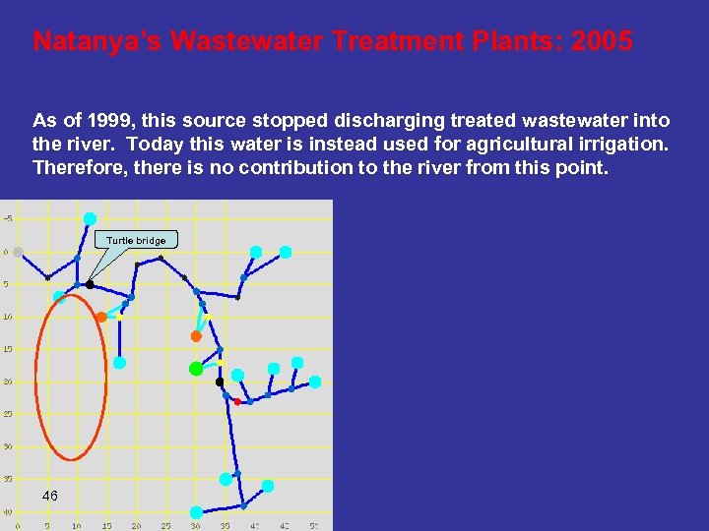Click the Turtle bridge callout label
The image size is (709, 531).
(x=136, y=240)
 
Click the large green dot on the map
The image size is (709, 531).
(x=196, y=369)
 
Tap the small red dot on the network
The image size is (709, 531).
(x=237, y=401)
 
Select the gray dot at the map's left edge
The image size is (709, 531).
(x=16, y=252)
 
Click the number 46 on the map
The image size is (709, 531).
(x=50, y=496)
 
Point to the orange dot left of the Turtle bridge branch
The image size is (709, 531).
(x=101, y=317)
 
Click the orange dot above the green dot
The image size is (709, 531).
(x=196, y=336)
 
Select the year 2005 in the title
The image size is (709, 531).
(x=603, y=42)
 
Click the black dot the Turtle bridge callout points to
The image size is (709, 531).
(x=90, y=284)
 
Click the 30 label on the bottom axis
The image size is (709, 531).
(x=195, y=526)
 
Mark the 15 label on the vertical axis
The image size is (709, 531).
(x=7, y=348)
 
